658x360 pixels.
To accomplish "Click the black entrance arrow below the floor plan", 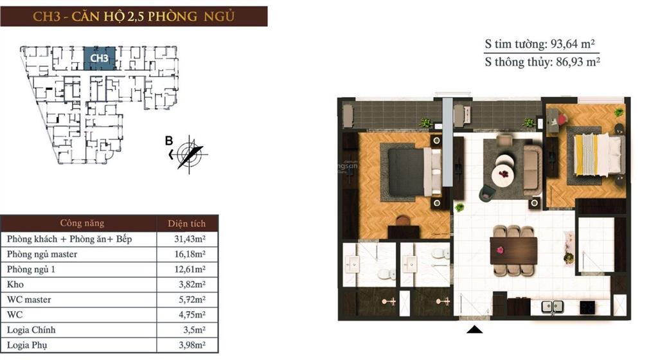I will [475, 330].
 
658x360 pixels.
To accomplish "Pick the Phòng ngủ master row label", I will [42, 254].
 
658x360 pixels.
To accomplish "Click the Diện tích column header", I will [187, 224].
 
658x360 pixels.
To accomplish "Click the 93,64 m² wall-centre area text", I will [574, 44].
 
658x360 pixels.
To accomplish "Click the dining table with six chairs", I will [513, 251].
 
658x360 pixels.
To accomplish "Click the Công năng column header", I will [82, 224].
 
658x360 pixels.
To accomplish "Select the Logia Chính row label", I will [31, 330].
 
